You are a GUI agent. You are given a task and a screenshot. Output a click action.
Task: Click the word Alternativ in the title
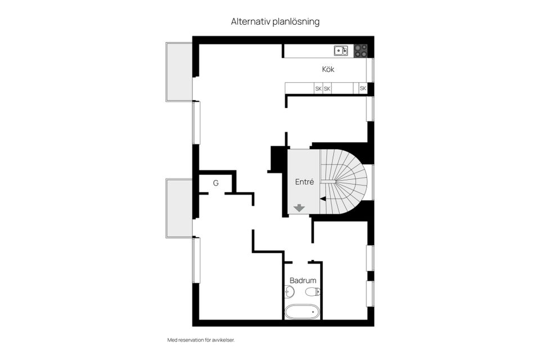248,21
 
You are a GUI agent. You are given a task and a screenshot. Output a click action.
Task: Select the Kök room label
328,70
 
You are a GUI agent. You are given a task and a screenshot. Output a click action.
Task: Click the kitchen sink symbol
341,51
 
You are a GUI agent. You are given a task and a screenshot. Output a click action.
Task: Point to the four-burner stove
361,51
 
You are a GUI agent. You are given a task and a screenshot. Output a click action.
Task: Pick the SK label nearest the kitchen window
363,88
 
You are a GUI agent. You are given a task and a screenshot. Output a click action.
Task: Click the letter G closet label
215,183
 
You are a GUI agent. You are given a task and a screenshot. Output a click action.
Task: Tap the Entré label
304,182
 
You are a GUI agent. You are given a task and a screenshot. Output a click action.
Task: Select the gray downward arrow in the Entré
299,208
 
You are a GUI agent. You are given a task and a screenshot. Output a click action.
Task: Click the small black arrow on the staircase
323,198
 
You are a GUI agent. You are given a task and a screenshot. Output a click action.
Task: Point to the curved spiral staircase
344,181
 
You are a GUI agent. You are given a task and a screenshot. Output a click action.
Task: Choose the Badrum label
303,280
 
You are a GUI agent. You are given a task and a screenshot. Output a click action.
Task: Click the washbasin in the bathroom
289,291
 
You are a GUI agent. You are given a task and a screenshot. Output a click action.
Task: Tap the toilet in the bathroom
313,291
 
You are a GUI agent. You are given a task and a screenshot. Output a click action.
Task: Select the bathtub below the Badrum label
302,312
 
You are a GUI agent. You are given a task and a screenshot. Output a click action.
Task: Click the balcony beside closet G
179,208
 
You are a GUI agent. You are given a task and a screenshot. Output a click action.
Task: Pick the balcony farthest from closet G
179,71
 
